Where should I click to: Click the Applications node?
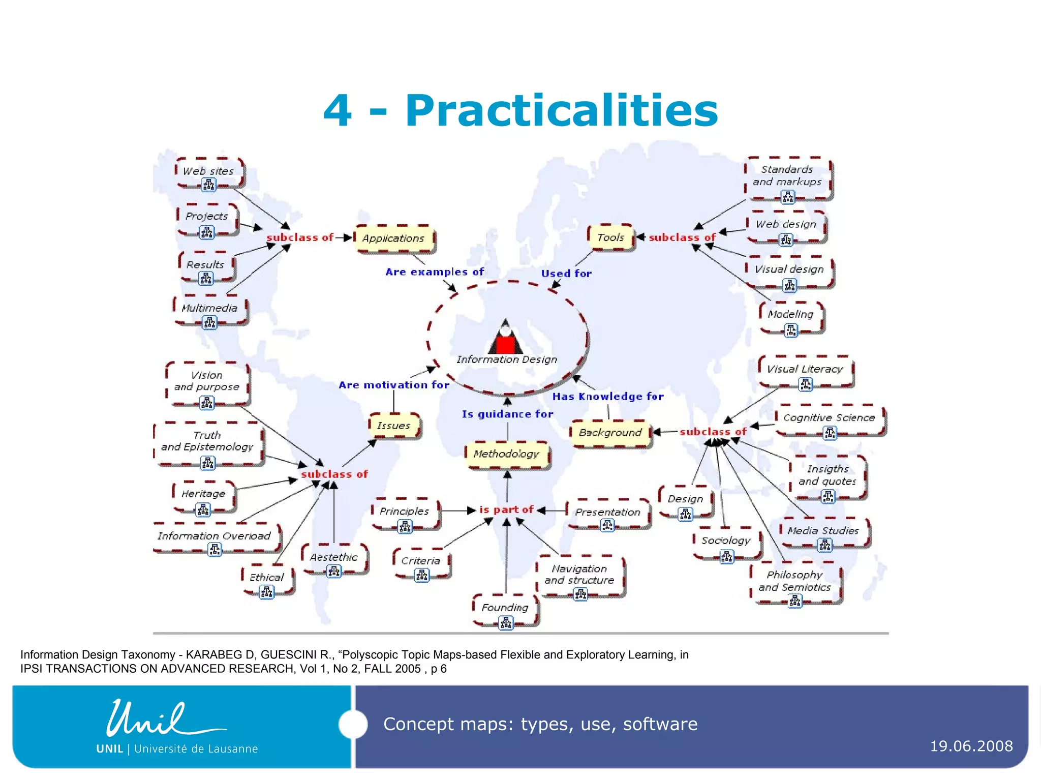click(x=394, y=238)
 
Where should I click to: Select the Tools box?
click(x=610, y=237)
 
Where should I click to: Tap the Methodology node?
click(x=506, y=454)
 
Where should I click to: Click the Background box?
click(x=610, y=433)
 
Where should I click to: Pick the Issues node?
click(x=394, y=426)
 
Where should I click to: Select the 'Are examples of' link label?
click(x=435, y=272)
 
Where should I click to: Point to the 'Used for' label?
click(x=566, y=274)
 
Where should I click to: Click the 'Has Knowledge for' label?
click(x=608, y=397)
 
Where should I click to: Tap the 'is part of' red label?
click(x=506, y=509)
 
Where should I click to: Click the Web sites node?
click(x=208, y=171)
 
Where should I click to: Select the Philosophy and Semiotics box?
click(x=794, y=581)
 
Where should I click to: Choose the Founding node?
click(x=505, y=608)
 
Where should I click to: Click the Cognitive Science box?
click(x=829, y=418)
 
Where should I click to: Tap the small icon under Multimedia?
click(x=209, y=322)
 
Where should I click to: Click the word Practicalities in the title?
click(x=561, y=111)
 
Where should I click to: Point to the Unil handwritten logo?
click(x=163, y=719)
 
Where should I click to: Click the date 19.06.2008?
click(x=971, y=746)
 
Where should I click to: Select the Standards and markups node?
click(x=787, y=175)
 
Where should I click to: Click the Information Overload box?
click(x=214, y=536)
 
